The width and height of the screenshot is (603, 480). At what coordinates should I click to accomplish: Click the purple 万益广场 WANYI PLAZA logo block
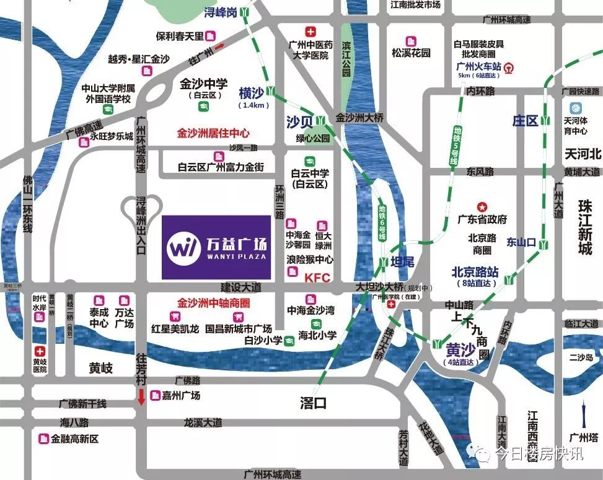[x=216, y=247]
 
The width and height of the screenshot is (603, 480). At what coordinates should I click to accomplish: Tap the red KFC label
[x=317, y=278]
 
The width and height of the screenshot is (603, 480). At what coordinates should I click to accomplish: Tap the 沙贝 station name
[x=299, y=121]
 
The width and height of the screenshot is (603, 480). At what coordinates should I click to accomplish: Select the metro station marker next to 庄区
[x=545, y=120]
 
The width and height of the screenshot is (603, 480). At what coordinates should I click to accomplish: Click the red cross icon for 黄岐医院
[x=40, y=351]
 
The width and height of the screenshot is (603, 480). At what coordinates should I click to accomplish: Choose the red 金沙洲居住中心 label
[x=213, y=133]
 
